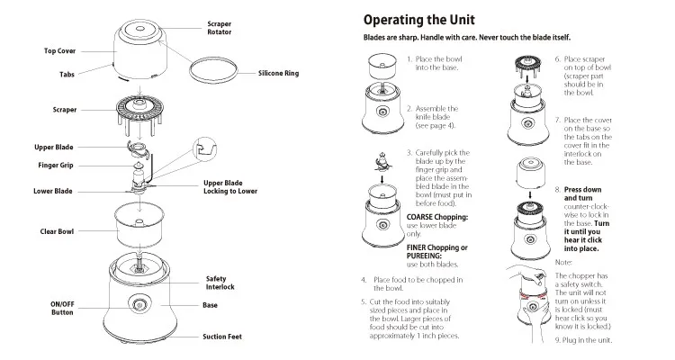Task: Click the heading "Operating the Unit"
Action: pyautogui.click(x=420, y=20)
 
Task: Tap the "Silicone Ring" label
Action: pyautogui.click(x=279, y=73)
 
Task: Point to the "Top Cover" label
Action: pyautogui.click(x=60, y=51)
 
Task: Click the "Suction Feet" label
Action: pyautogui.click(x=222, y=337)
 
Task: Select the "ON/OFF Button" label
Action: pyautogui.click(x=62, y=308)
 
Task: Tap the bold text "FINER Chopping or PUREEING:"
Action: pyautogui.click(x=437, y=251)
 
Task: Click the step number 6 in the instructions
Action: pyautogui.click(x=558, y=58)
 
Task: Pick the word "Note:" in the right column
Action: pyautogui.click(x=563, y=261)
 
